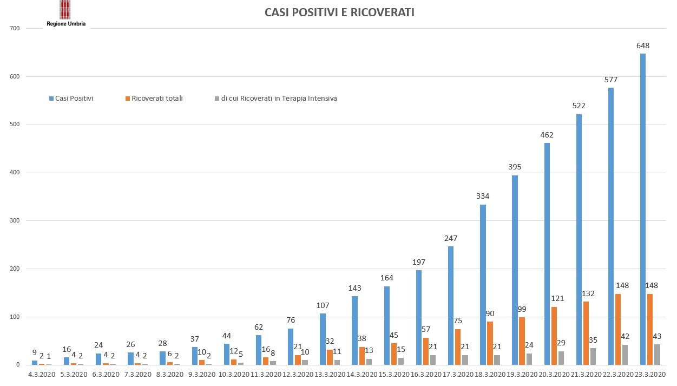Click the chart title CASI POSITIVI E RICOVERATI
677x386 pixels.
click(339, 12)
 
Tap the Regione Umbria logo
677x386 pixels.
click(65, 14)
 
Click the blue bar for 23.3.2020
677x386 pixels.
click(642, 209)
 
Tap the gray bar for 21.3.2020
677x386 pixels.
click(593, 356)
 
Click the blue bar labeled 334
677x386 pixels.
click(482, 285)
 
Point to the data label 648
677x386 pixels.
click(643, 46)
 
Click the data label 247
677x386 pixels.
click(451, 238)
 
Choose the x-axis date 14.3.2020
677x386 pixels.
click(361, 374)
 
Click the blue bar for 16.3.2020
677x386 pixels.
click(418, 317)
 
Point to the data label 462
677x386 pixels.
click(547, 135)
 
